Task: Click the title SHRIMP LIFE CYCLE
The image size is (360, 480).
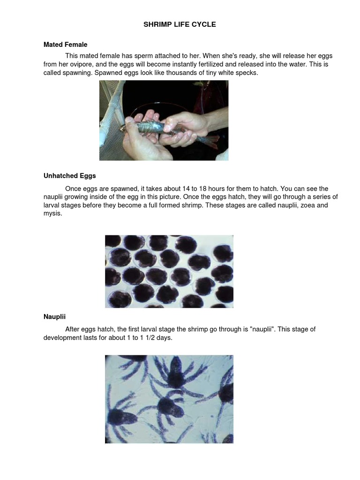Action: point(180,24)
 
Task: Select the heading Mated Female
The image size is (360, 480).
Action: point(65,45)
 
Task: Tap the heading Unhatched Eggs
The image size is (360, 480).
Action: point(69,176)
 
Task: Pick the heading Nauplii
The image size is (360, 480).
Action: point(54,316)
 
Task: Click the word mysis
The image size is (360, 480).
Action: point(52,214)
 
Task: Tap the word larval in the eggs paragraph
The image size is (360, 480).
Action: point(52,205)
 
